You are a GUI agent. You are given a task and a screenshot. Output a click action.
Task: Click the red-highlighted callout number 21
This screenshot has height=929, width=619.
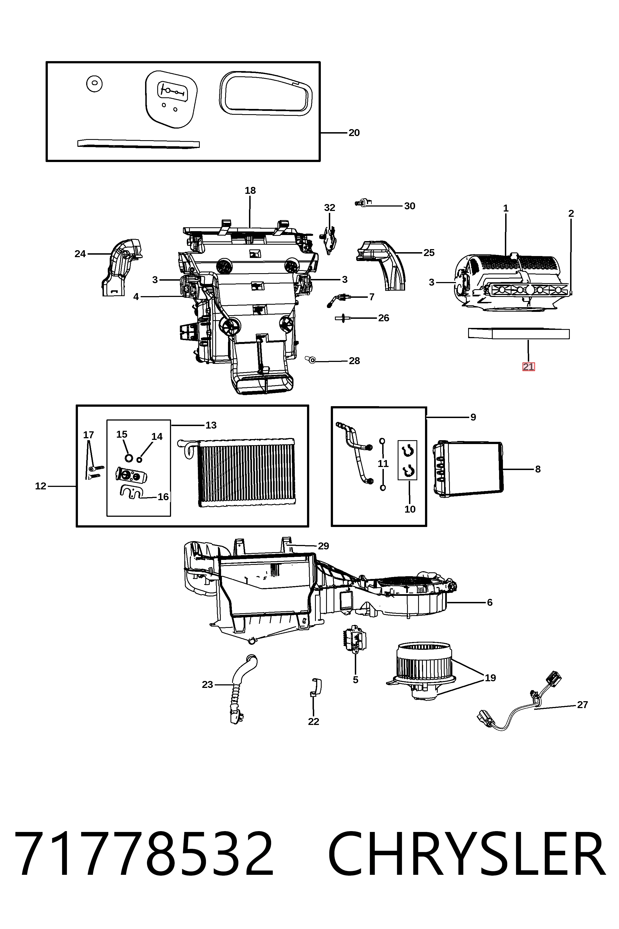(528, 367)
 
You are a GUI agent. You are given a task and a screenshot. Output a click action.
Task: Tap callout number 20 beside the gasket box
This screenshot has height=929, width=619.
(354, 133)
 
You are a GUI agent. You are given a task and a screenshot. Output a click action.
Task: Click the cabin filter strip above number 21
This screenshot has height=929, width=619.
(519, 334)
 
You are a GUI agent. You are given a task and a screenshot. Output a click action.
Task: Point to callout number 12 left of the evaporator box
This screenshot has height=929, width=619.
(41, 486)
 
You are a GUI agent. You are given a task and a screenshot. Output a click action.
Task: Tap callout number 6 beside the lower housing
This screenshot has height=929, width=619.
(489, 602)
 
